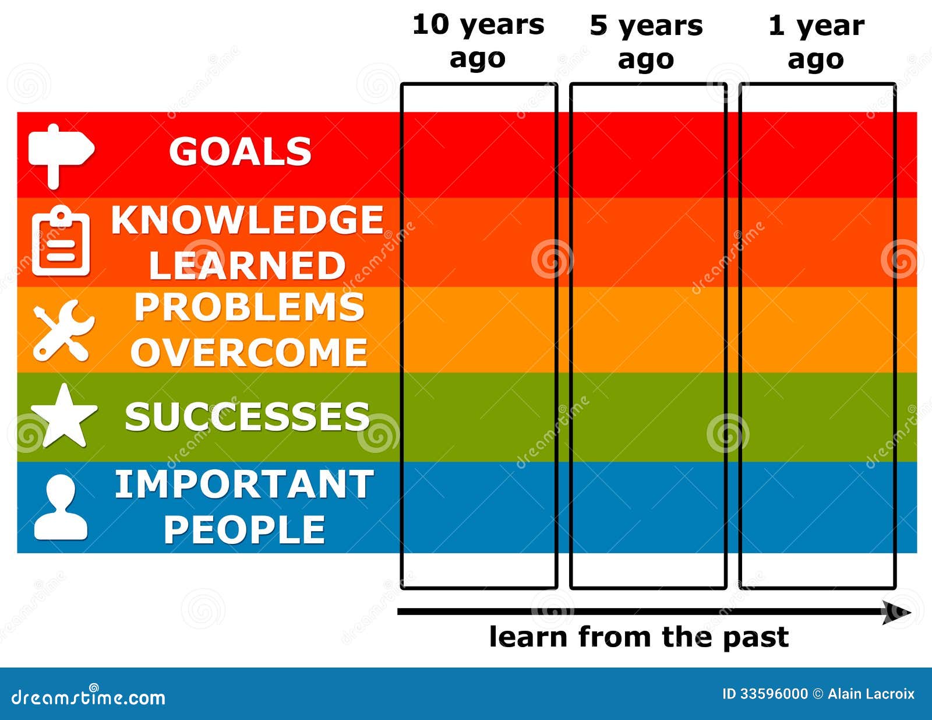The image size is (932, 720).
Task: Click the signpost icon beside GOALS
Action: [x=60, y=153]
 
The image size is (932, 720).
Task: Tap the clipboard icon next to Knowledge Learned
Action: [x=61, y=242]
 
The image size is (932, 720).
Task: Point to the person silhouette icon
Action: [x=61, y=507]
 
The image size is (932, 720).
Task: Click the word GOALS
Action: [x=240, y=152]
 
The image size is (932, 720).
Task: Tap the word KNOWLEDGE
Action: [x=247, y=220]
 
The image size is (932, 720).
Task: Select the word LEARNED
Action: [x=247, y=265]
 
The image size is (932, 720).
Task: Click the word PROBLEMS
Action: [x=249, y=307]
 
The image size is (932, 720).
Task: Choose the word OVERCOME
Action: [x=249, y=352]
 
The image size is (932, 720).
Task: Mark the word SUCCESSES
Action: [x=247, y=417]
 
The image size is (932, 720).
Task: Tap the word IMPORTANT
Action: [x=243, y=484]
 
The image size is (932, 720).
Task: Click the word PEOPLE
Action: [x=244, y=529]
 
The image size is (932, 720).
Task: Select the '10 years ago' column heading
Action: [x=478, y=42]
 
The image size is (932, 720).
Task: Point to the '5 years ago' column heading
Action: [x=646, y=42]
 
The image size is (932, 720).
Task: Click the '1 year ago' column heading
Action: [x=816, y=42]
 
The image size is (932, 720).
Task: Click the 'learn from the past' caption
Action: [x=638, y=637]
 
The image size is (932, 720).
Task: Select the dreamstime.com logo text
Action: [x=88, y=697]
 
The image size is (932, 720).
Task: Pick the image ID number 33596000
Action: [x=773, y=694]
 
